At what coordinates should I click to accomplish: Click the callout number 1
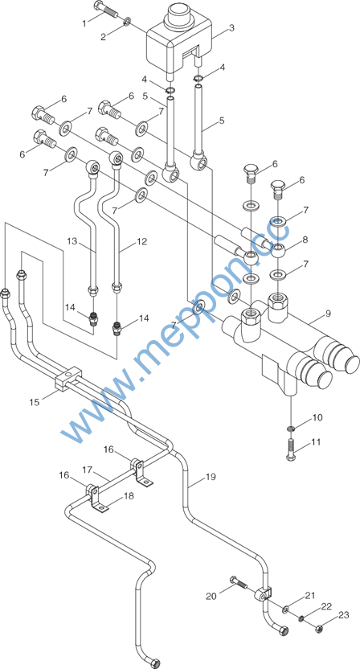tap(84, 23)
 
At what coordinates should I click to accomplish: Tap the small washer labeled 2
tap(128, 22)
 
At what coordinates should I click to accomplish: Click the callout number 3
tap(231, 29)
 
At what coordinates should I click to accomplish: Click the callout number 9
tap(328, 314)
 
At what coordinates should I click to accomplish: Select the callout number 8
tap(305, 240)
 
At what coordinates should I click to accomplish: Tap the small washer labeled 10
tap(291, 427)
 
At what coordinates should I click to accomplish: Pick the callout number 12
tap(142, 242)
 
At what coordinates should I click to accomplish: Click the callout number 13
tap(72, 242)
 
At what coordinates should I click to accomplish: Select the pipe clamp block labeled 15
tap(67, 378)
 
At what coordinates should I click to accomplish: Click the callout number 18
tap(129, 496)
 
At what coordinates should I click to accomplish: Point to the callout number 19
tap(211, 477)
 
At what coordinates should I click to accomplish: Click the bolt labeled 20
tap(238, 582)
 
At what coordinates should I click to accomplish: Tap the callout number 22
tap(326, 605)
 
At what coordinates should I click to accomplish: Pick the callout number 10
tap(317, 417)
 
